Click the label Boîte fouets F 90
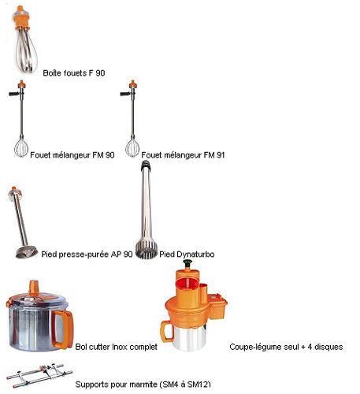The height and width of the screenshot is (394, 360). [x=74, y=73]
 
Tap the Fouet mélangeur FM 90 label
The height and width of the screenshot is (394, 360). [x=72, y=155]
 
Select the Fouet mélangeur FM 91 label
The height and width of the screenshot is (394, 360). [x=183, y=155]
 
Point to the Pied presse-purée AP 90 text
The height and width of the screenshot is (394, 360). [x=87, y=255]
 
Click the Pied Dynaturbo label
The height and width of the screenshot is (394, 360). [x=187, y=255]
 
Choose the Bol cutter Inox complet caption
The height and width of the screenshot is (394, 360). [x=116, y=347]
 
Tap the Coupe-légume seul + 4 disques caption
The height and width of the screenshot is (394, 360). [x=286, y=347]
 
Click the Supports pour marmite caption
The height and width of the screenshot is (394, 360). [x=143, y=385]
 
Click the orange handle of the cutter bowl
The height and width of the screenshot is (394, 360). [x=62, y=329]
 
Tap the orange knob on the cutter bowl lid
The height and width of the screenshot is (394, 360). [x=34, y=288]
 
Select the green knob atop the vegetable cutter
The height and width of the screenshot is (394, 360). [x=187, y=262]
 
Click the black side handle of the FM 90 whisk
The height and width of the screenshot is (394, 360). [x=14, y=94]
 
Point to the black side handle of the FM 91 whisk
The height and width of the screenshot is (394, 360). [x=125, y=94]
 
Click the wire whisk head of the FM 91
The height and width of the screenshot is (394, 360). [x=132, y=147]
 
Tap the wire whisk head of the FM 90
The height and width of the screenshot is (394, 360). [x=21, y=147]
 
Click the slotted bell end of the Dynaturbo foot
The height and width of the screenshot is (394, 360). [x=147, y=249]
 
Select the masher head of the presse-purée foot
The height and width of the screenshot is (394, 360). [x=26, y=252]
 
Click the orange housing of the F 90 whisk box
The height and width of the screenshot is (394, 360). [x=22, y=18]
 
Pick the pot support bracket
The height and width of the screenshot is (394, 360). [x=39, y=375]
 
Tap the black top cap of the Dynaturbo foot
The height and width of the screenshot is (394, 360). [x=146, y=165]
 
